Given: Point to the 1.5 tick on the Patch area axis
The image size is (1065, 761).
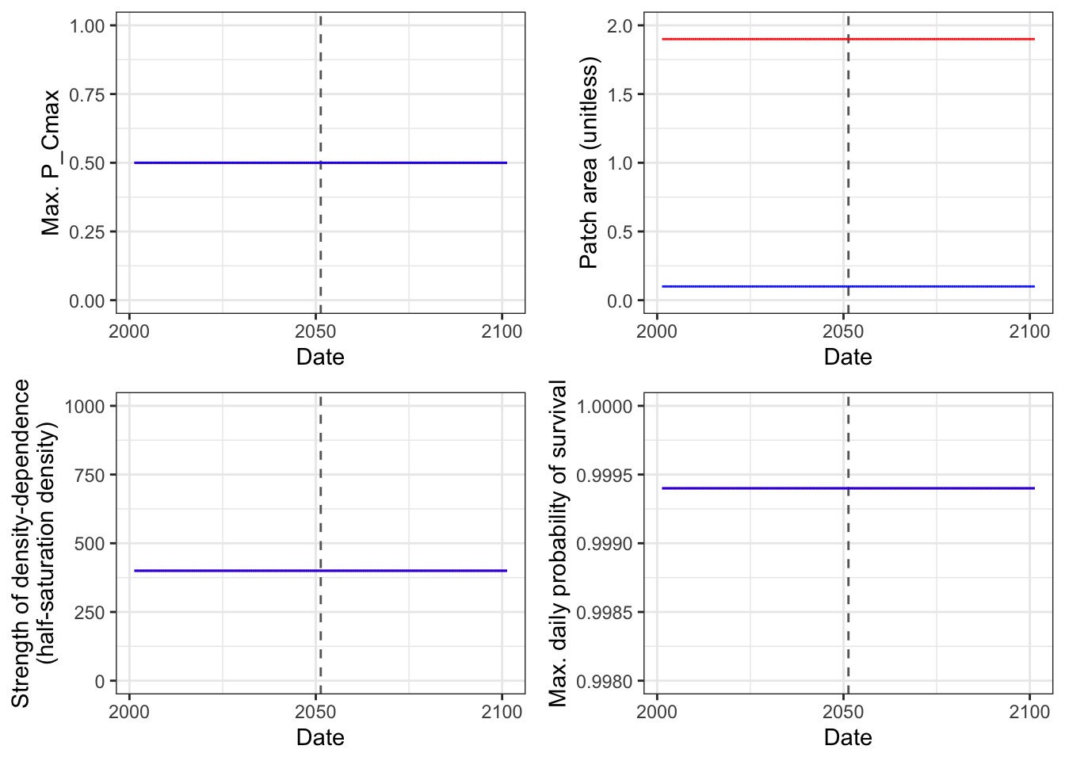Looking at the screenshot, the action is tap(620, 95).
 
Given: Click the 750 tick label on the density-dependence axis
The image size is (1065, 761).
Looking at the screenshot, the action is tap(89, 475).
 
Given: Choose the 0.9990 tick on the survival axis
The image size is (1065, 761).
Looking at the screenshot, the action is tap(605, 544).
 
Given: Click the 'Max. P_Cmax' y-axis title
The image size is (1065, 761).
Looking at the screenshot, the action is tap(51, 163).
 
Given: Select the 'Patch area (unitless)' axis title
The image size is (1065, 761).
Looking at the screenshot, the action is tap(589, 163).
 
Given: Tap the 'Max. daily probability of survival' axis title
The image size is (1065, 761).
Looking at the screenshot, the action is tap(558, 543).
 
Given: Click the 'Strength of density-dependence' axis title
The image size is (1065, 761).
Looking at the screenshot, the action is tap(20, 543).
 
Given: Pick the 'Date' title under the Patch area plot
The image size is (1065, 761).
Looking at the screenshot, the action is tap(848, 358).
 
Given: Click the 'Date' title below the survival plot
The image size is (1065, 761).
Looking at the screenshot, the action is tap(848, 738).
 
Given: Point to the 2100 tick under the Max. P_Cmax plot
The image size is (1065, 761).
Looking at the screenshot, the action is tap(502, 331).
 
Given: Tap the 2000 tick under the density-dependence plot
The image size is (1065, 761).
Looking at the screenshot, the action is tap(129, 712).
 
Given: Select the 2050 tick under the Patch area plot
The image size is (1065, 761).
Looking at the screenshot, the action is tap(843, 331).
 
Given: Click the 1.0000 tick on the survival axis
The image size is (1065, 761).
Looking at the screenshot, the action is tap(605, 407).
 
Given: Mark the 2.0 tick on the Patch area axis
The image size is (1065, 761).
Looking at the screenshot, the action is tap(620, 26).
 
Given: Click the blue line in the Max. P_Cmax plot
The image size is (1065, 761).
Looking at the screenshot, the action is tap(320, 163).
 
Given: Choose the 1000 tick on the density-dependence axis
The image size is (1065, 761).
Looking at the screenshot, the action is tap(85, 407).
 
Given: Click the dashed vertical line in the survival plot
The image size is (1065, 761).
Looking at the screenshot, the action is tap(848, 543).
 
